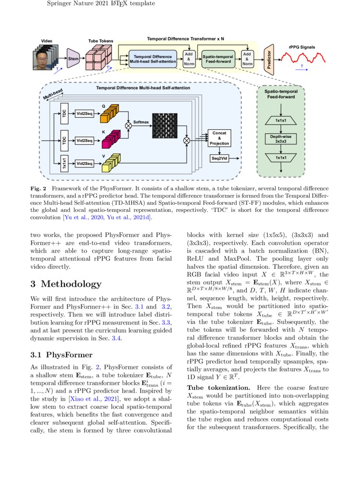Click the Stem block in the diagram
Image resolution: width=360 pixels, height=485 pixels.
point(73,58)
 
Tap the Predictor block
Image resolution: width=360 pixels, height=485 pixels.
point(269,59)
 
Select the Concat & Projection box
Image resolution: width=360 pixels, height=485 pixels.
point(219,138)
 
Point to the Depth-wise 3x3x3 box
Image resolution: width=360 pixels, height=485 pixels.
point(281,139)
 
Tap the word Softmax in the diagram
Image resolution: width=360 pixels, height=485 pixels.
point(141,122)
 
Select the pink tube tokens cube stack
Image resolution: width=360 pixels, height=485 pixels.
point(99,58)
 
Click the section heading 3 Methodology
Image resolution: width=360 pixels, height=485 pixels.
point(65,284)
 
